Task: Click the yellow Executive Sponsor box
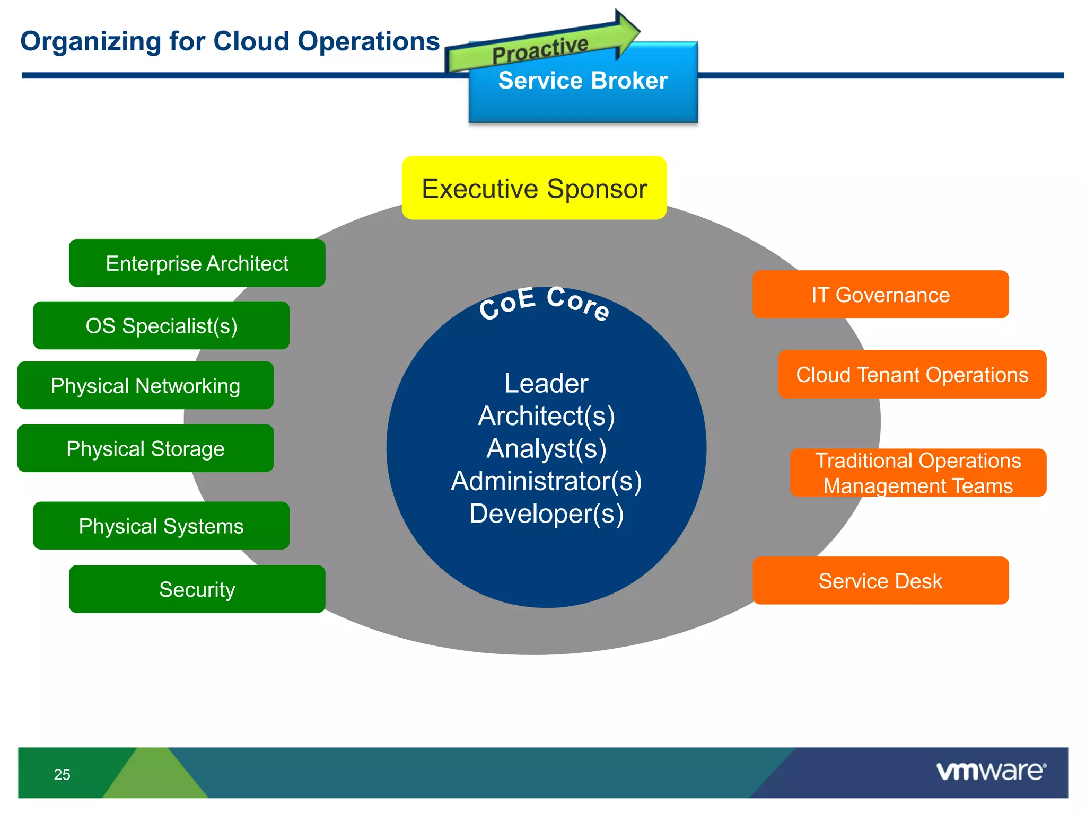coord(534,188)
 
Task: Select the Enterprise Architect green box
coord(197,263)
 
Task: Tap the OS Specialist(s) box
coord(161,326)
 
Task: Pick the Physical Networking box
coord(145,386)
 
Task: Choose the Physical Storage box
coord(145,449)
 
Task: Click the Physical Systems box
coord(161,526)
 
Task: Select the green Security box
coord(197,589)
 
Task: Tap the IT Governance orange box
coord(880,295)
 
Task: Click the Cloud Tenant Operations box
coord(912,375)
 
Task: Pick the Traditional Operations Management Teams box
coord(918,473)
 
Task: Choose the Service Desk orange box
coord(880,581)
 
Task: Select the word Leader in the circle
coord(546,383)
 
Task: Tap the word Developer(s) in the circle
coord(546,514)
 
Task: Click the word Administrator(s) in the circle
coord(546,481)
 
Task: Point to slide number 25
coord(62,775)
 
